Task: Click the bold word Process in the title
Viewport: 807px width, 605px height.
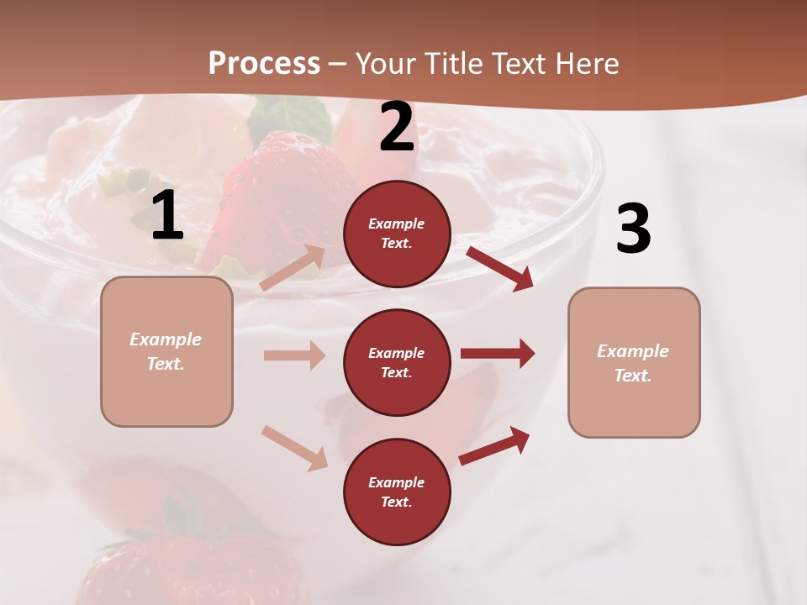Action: pyautogui.click(x=264, y=63)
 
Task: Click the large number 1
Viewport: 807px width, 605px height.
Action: pyautogui.click(x=167, y=216)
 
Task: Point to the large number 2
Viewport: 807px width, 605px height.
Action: pyautogui.click(x=397, y=127)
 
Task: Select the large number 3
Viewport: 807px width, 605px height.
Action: pyautogui.click(x=633, y=229)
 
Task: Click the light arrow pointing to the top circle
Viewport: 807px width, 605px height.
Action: pyautogui.click(x=293, y=268)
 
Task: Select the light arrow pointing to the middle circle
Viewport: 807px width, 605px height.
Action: pyautogui.click(x=295, y=355)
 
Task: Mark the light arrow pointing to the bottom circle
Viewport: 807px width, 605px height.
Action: pyautogui.click(x=295, y=448)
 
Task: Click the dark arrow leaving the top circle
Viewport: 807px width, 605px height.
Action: pyautogui.click(x=501, y=269)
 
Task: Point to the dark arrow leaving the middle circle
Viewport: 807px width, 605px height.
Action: pyautogui.click(x=498, y=354)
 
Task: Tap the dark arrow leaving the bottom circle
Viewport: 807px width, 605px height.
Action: pyautogui.click(x=495, y=446)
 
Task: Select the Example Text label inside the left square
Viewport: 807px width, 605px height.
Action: pyautogui.click(x=166, y=351)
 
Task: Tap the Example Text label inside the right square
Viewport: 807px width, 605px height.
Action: pyautogui.click(x=633, y=363)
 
